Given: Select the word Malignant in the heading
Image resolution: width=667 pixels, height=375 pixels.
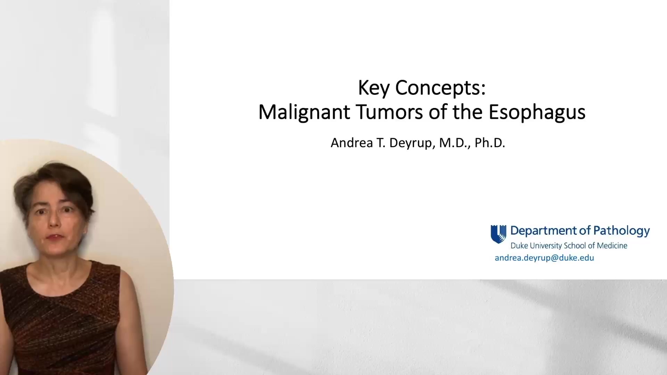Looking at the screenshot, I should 304,112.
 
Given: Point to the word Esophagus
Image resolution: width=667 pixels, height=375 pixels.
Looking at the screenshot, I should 537,112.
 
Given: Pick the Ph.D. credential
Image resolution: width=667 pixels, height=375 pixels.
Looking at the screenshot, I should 490,143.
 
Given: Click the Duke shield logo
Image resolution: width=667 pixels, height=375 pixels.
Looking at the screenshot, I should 498,234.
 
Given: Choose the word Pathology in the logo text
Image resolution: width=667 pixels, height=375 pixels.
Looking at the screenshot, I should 621,231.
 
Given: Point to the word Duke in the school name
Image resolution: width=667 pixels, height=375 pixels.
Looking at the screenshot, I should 519,246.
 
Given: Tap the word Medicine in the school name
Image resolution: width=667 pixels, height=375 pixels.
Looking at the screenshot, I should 612,246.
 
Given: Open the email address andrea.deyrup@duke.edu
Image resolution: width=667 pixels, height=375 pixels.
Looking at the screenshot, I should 544,258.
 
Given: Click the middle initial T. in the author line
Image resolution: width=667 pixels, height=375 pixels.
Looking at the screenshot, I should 380,143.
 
